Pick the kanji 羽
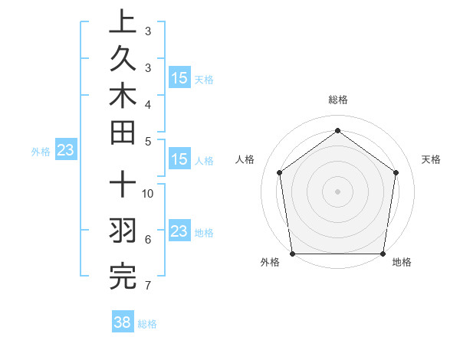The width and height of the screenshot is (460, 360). click(x=122, y=231)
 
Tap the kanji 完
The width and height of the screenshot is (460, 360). click(x=122, y=277)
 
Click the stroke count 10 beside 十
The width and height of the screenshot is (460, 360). click(x=149, y=193)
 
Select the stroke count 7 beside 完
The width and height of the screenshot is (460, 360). click(x=148, y=286)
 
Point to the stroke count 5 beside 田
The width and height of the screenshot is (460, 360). click(x=148, y=141)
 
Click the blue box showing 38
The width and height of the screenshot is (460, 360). click(x=122, y=322)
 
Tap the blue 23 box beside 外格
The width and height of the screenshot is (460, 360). click(x=65, y=150)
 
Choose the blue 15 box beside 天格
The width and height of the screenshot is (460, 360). click(x=179, y=78)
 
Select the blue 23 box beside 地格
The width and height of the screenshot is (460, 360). click(x=179, y=231)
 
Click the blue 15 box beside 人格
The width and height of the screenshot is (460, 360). click(x=179, y=159)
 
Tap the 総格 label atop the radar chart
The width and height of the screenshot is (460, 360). click(x=338, y=100)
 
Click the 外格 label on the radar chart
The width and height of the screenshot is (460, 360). click(x=270, y=263)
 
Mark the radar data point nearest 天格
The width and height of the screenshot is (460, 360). click(x=396, y=172)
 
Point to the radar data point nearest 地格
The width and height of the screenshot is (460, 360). click(x=383, y=254)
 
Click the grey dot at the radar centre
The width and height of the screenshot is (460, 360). click(x=338, y=191)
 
